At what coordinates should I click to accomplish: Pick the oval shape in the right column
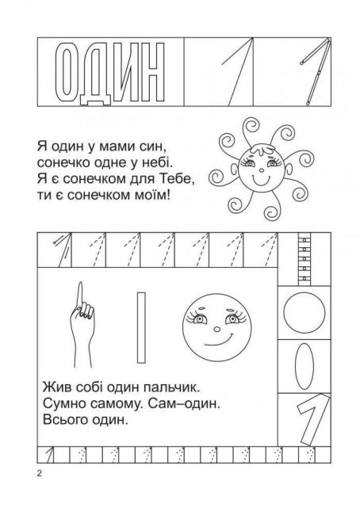pos(301,364)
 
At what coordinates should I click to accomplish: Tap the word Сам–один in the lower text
pos(184,405)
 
